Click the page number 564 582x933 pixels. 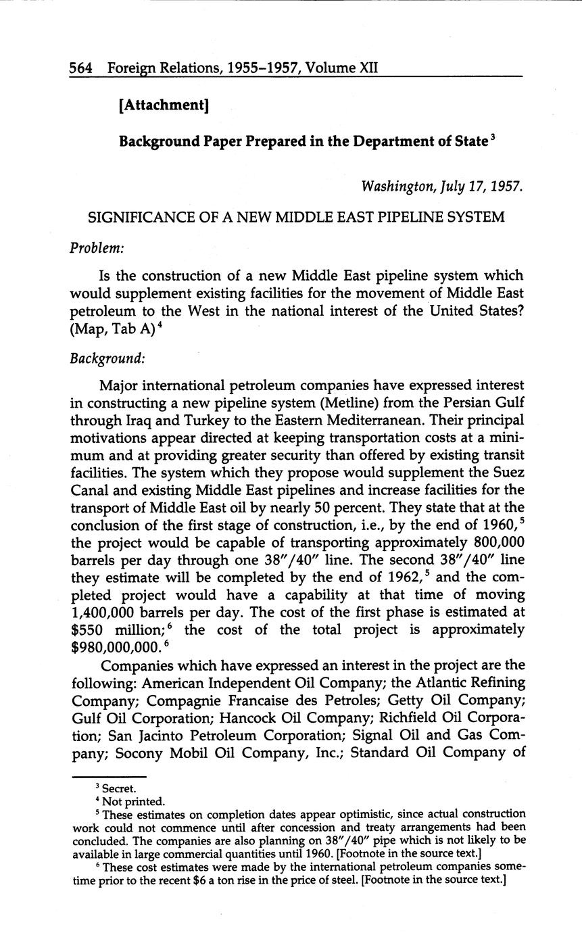pos(80,68)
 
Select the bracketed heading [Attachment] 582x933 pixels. pos(163,105)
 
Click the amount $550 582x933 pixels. pos(87,630)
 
